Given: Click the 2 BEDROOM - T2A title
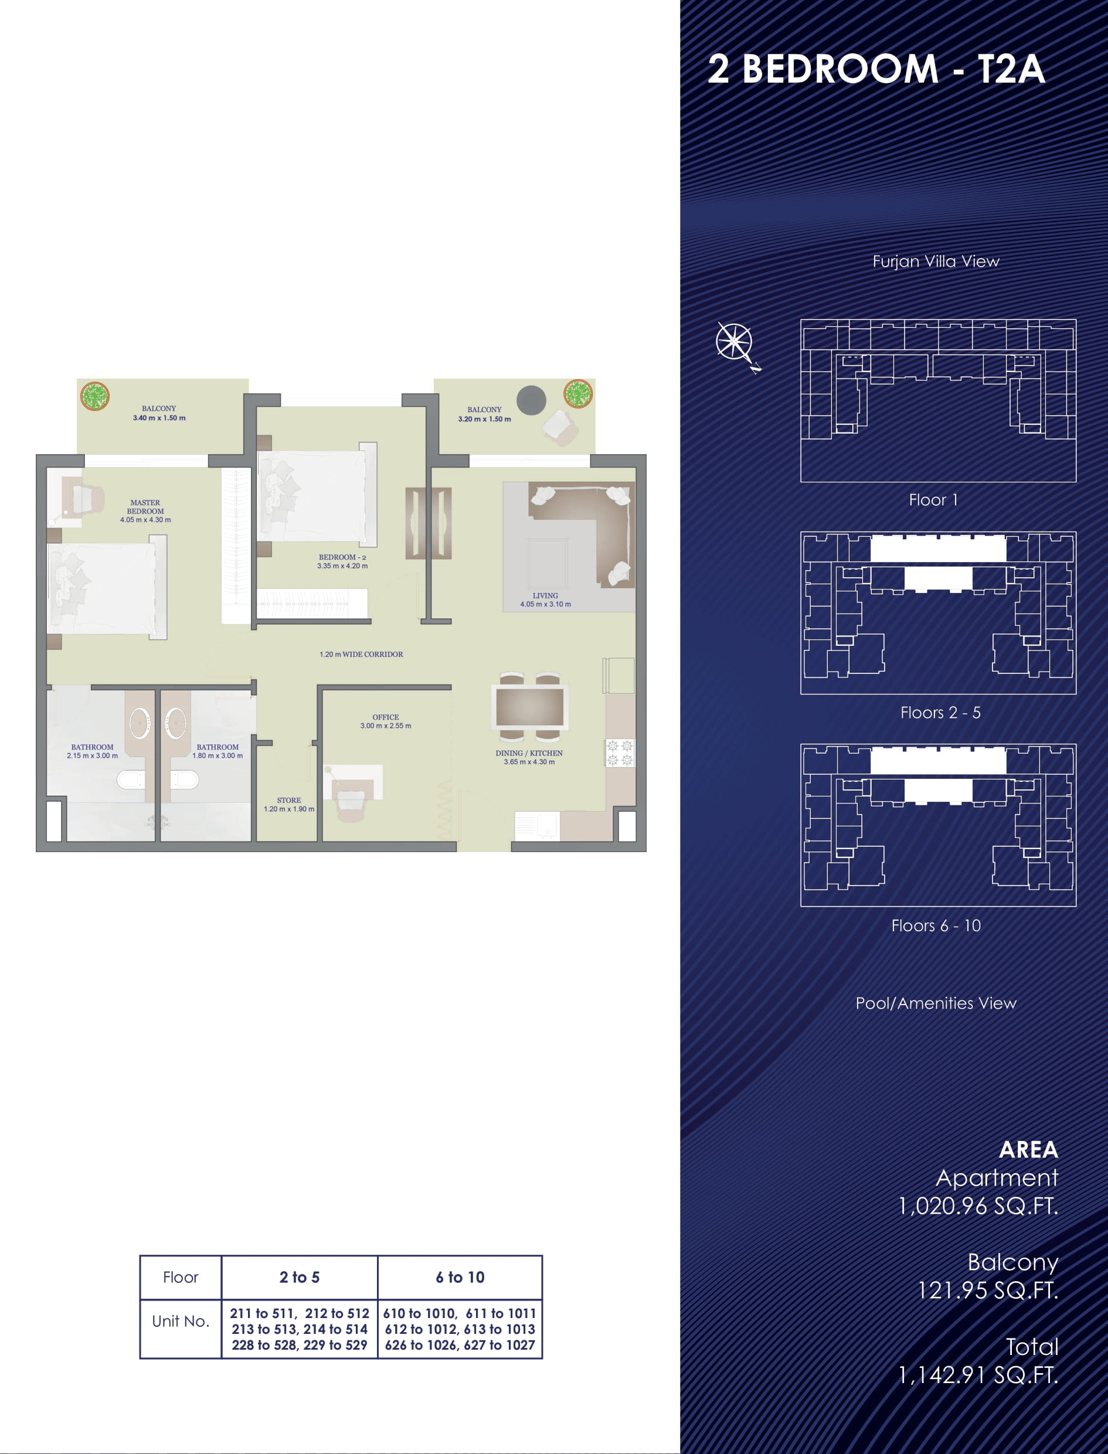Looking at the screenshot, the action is tap(876, 69).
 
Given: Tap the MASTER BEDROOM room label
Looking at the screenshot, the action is tap(145, 506).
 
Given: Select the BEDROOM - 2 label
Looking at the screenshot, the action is tap(342, 557).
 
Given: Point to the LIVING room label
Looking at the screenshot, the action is tap(545, 595).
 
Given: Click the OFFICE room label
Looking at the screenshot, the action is tap(386, 717).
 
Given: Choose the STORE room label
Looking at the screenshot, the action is tap(289, 800).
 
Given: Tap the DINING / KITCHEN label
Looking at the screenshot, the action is tap(529, 753).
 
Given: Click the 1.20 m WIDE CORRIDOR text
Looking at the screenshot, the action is tap(361, 654).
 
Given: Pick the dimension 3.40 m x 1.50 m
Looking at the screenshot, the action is tap(159, 418).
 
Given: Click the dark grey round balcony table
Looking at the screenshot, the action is tap(531, 400).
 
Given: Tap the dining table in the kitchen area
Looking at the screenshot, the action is tap(529, 707).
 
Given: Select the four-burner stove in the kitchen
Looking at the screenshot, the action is tap(619, 753).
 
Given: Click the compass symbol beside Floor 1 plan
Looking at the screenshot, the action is tap(735, 343).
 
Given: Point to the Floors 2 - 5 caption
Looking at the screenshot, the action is tap(940, 713).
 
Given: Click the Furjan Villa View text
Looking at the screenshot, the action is tap(936, 261).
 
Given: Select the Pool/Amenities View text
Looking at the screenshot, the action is tap(936, 1003).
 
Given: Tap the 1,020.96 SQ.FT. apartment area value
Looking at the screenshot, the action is tap(978, 1206).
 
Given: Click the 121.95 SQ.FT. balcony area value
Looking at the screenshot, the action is tap(988, 1290).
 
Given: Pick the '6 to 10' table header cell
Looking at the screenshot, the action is tap(460, 1277).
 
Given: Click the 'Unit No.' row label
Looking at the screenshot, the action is tap(181, 1321).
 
